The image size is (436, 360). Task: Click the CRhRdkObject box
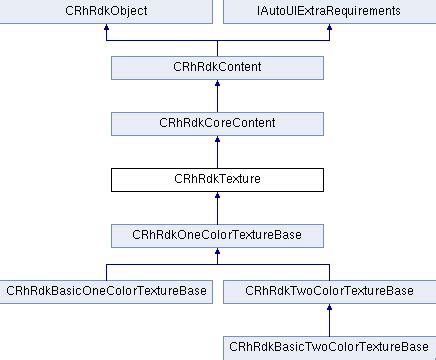click(107, 12)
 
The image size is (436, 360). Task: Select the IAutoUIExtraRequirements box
click(327, 12)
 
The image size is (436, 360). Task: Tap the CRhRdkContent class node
click(217, 68)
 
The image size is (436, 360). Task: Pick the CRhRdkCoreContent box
click(217, 123)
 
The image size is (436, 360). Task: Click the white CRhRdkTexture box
click(217, 179)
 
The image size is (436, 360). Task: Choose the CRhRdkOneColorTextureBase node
click(217, 235)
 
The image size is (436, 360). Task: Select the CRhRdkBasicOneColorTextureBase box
click(107, 291)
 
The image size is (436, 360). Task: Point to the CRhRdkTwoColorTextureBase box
click(327, 291)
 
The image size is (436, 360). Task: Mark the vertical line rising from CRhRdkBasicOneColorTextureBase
click(107, 272)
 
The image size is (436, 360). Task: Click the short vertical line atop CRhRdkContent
click(217, 49)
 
